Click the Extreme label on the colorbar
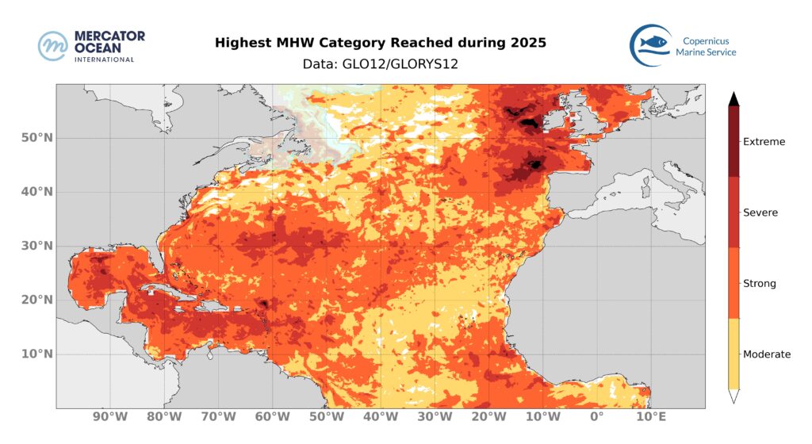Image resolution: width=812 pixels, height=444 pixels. coord(764,142)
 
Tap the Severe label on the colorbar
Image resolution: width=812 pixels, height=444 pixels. coord(760,212)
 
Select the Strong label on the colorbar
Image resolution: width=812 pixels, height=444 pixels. coord(759,283)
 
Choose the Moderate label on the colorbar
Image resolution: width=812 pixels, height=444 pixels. coord(767,354)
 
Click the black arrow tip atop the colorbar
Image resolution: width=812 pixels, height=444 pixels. coord(734,98)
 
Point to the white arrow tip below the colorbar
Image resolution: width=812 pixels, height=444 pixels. coord(734,396)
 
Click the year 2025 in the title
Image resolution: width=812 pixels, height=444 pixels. coord(527,43)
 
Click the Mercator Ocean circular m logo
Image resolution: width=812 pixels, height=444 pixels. coord(53,46)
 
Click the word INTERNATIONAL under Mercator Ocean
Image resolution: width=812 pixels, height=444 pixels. coord(103,59)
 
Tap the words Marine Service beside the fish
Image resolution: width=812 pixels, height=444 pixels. coord(706,52)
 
